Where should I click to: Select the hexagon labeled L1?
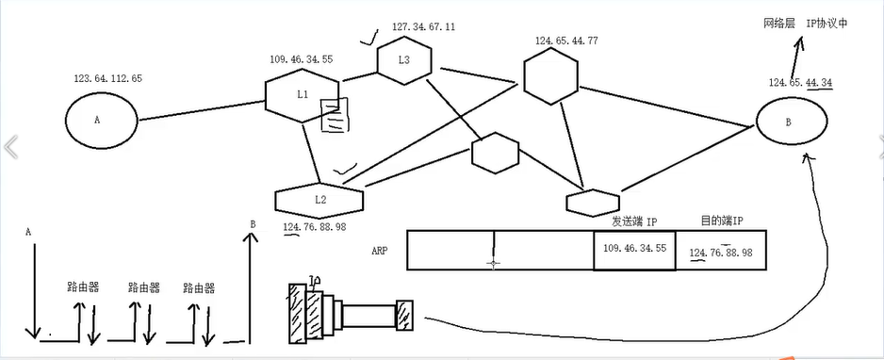pos(302,94)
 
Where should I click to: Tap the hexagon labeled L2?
pos(319,201)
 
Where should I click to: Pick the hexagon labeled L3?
pos(404,60)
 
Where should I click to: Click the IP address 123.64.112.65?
pos(107,79)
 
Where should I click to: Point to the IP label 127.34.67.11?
pos(423,27)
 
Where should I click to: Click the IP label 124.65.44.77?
pos(566,41)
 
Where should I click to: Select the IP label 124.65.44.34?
pos(800,83)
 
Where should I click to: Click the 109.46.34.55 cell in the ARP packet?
pos(634,249)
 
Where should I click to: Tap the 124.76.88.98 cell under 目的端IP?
pos(721,252)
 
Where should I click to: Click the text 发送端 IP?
pos(633,221)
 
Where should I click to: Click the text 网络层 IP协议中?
pos(806,23)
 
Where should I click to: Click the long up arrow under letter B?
pos(251,283)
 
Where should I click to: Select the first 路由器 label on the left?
pos(83,287)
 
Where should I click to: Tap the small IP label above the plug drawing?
pos(315,280)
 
